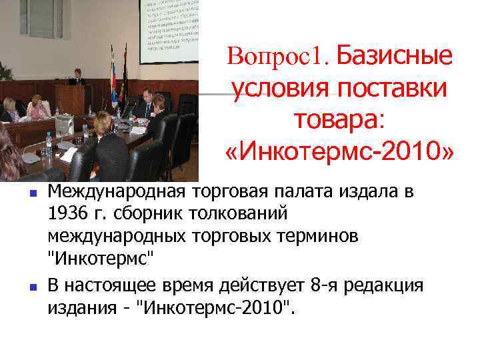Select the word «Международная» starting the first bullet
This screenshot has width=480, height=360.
click(120, 193)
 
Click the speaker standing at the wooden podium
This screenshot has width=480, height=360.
click(79, 77)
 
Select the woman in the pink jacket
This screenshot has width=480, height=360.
click(36, 107)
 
